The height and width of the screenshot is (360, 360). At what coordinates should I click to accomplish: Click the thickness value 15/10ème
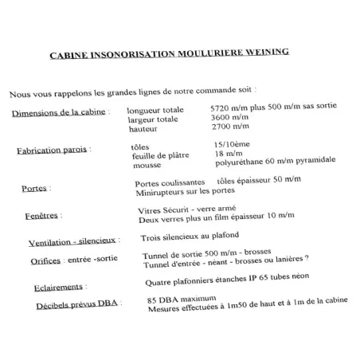coord(233,144)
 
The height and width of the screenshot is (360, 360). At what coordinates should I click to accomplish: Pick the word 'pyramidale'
coord(309,161)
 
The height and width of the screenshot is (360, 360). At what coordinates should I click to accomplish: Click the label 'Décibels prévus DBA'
coord(76,307)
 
